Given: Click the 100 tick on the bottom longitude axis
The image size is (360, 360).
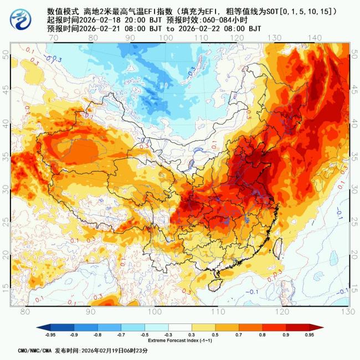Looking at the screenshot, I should click(154, 311).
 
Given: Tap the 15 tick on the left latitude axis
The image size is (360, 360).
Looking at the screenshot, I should click(6, 286).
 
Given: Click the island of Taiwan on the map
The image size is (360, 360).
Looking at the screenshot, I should click(279, 245).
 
